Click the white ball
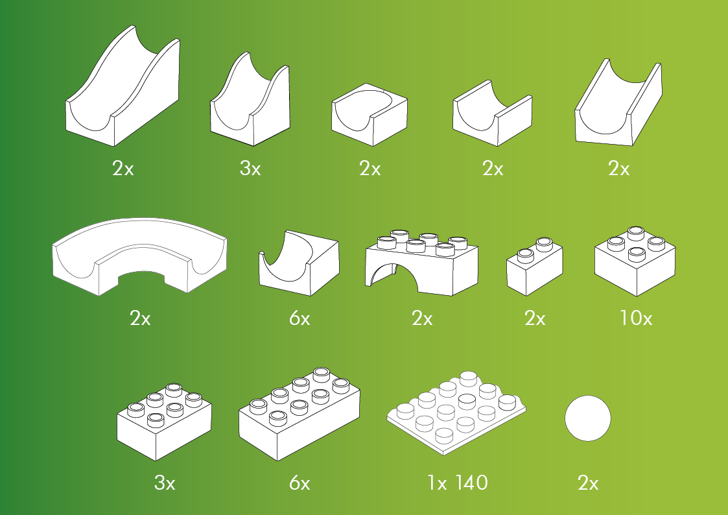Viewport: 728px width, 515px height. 588,418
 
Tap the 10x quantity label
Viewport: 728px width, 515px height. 636,318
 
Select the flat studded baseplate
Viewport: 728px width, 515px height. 457,413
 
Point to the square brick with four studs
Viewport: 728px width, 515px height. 635,261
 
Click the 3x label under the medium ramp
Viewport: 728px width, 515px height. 250,168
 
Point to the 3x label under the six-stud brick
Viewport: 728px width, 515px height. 165,483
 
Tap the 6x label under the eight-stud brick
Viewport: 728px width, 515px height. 299,483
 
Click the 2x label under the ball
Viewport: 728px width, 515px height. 588,483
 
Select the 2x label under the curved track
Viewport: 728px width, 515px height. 140,318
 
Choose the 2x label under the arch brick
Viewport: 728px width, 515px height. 422,318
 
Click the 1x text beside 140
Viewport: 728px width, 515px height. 438,483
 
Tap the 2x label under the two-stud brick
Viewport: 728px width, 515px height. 535,318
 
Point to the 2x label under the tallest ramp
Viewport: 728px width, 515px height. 123,168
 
